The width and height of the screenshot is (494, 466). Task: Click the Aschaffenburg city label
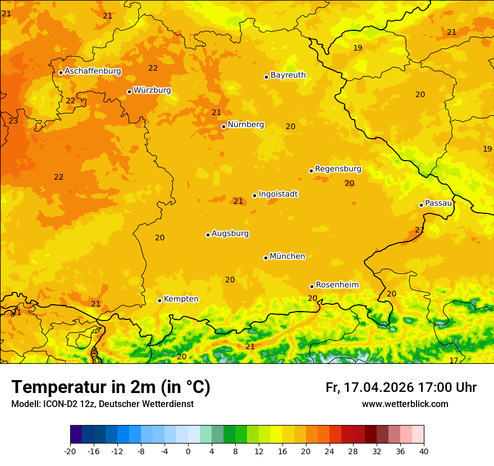tap(93, 71)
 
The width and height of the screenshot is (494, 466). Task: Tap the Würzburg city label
tap(152, 90)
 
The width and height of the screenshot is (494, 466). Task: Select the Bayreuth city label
tap(288, 75)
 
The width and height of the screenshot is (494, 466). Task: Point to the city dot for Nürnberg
tap(223, 126)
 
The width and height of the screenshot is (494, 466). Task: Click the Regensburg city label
tap(338, 169)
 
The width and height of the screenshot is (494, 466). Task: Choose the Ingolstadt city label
tap(278, 194)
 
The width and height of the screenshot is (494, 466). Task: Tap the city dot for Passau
tap(421, 205)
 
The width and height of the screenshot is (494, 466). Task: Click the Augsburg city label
tap(230, 234)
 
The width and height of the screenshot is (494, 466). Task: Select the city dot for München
tap(266, 258)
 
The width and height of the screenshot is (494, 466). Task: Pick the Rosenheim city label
tap(337, 285)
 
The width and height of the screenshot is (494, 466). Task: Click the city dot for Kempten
tap(159, 300)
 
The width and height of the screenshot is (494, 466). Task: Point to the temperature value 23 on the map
tap(13, 121)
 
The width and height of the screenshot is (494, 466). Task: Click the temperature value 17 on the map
tap(454, 360)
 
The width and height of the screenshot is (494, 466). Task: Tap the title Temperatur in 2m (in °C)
tap(111, 387)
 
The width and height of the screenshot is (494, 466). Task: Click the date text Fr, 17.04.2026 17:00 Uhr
tap(401, 387)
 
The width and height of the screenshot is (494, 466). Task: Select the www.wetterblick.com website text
tap(405, 404)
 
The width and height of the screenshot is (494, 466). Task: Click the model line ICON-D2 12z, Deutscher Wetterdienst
tap(102, 404)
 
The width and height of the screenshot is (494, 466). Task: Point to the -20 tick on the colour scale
tap(70, 451)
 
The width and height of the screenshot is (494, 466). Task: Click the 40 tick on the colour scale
tap(424, 451)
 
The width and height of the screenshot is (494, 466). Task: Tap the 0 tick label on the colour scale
tap(188, 451)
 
